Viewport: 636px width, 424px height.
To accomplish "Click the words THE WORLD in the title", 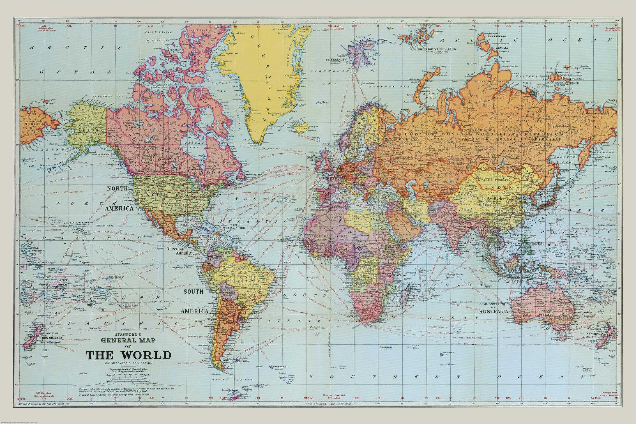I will pos(128,355).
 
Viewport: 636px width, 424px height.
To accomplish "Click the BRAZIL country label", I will pos(247,281).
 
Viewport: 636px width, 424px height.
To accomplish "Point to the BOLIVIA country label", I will pos(229,292).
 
